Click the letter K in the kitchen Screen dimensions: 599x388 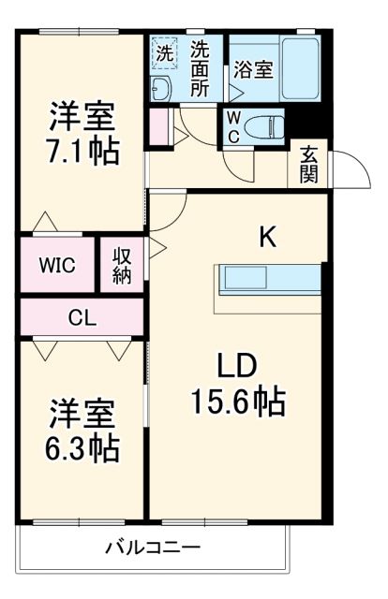pyautogui.click(x=268, y=238)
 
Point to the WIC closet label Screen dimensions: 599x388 pyautogui.click(x=56, y=265)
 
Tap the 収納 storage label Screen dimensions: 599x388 pyautogui.click(x=123, y=265)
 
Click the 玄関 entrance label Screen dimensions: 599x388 pyautogui.click(x=308, y=165)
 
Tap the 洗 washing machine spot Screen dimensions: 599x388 pyautogui.click(x=165, y=53)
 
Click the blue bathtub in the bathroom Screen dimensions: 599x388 pyautogui.click(x=301, y=68)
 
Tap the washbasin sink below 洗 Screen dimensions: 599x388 pyautogui.click(x=162, y=89)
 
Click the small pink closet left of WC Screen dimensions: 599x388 pyautogui.click(x=158, y=126)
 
